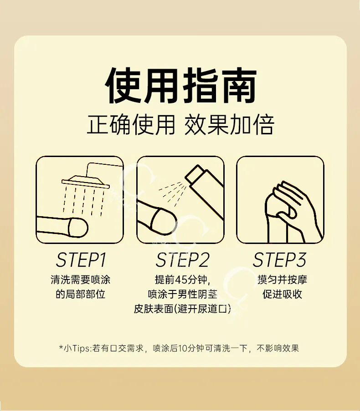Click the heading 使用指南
(x=180, y=86)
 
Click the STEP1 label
(x=81, y=260)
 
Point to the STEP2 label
(x=183, y=260)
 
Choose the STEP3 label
(x=280, y=260)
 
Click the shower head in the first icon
(x=86, y=182)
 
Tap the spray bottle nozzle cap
(x=195, y=173)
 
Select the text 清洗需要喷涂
(x=81, y=279)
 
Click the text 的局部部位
(x=81, y=294)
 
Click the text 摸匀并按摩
(x=282, y=279)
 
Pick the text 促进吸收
(x=282, y=294)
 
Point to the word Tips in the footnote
(x=81, y=348)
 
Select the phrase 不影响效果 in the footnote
(x=278, y=348)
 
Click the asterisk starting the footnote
(x=61, y=347)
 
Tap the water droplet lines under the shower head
(x=84, y=201)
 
